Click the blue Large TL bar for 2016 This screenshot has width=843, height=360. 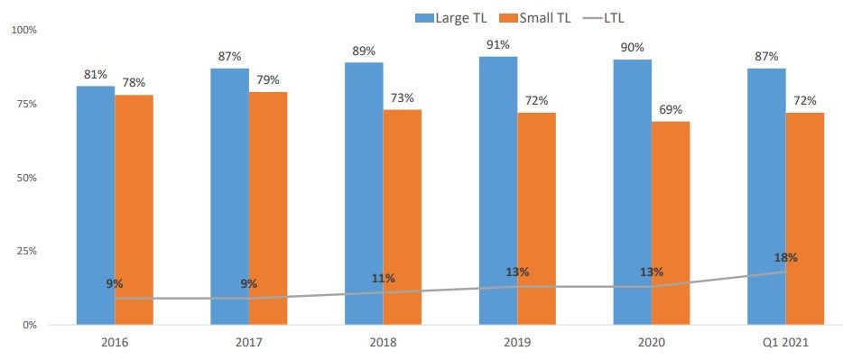[x=96, y=205]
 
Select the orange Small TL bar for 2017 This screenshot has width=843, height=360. [x=268, y=208]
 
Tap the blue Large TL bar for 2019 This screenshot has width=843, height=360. [x=498, y=190]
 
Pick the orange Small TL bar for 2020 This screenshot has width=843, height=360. [x=671, y=223]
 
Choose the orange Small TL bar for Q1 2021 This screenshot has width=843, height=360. [x=805, y=218]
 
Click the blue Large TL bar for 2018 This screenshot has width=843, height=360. [x=364, y=193]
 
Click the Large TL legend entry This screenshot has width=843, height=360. [x=451, y=17]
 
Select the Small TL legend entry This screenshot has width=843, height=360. [x=535, y=17]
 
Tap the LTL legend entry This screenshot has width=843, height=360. [x=605, y=17]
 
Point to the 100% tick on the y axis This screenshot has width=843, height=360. [x=24, y=30]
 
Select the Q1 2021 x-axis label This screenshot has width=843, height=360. [x=786, y=342]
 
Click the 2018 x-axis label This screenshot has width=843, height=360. [x=384, y=342]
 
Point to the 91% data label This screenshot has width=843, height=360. [x=498, y=44]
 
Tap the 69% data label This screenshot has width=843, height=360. [x=671, y=109]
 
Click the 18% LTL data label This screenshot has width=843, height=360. [x=786, y=257]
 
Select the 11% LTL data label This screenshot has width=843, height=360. [x=384, y=278]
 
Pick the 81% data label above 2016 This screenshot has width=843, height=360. [x=96, y=74]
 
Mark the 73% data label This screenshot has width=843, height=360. [x=403, y=97]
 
